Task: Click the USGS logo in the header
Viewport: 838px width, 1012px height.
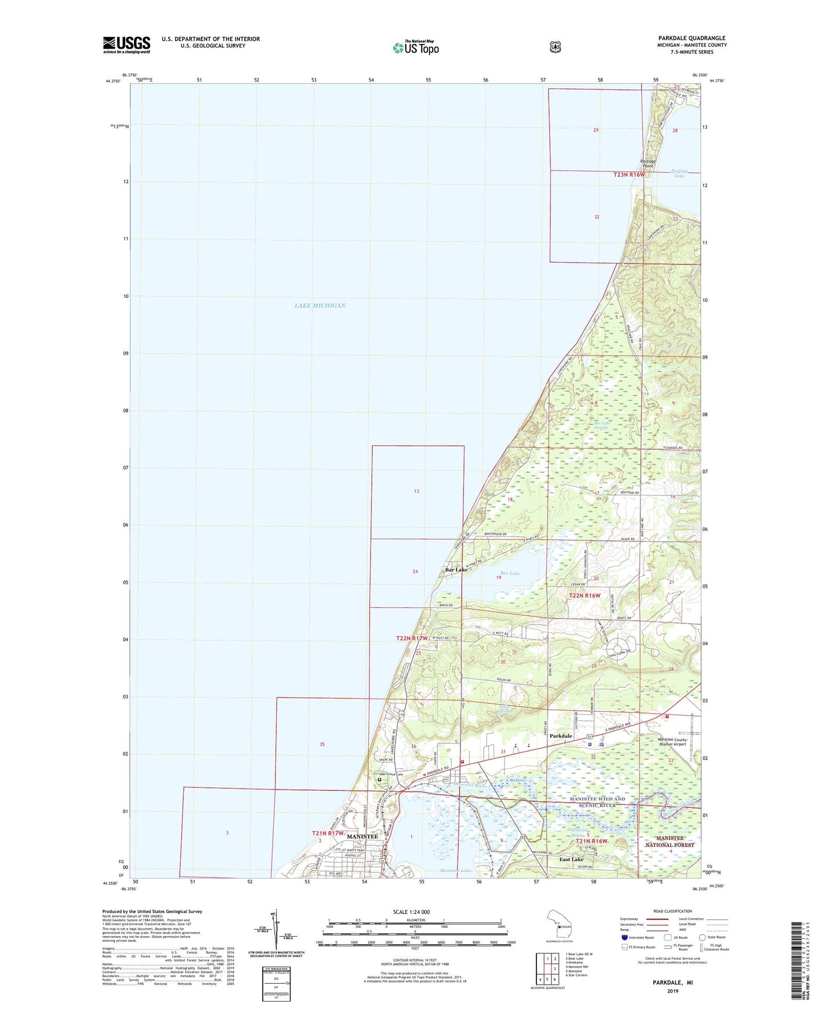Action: point(126,45)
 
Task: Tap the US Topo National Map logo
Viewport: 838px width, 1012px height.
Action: point(415,48)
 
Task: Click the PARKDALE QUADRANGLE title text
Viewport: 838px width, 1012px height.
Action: point(692,38)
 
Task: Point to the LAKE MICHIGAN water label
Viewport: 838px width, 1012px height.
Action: point(320,305)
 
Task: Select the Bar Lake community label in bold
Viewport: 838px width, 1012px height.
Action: point(456,570)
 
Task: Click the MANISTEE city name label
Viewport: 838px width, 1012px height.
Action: point(362,836)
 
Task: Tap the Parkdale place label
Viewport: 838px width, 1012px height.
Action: point(560,736)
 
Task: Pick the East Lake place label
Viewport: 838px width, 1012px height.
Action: point(571,860)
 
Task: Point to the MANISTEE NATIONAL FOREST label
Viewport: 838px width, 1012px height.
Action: point(670,842)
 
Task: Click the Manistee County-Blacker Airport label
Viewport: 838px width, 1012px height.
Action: point(672,742)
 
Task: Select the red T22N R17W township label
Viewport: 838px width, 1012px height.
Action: point(411,638)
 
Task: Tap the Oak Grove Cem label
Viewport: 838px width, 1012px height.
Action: point(391,774)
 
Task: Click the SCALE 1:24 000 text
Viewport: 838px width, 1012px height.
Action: point(411,912)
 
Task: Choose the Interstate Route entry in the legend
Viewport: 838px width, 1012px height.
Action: point(637,937)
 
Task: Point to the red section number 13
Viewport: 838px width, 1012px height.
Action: point(416,492)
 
